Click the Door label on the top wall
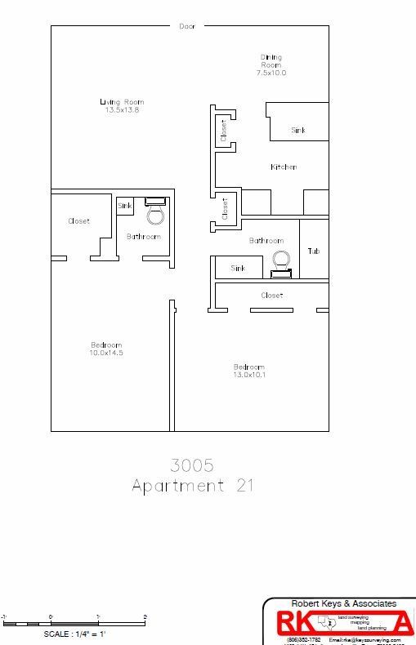187,27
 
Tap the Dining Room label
271,61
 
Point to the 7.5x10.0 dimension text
271,73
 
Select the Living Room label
122,102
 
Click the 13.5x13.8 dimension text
122,110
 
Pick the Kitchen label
284,167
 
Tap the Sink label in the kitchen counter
298,131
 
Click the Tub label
314,251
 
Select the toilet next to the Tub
281,263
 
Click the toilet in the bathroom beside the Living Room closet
154,211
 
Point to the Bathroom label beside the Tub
266,241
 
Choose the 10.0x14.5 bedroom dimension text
106,353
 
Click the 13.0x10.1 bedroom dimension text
249,375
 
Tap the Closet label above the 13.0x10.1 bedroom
271,296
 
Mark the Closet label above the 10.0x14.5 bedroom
79,221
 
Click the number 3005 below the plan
192,465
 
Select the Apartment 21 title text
192,486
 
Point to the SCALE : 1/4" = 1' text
76,633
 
